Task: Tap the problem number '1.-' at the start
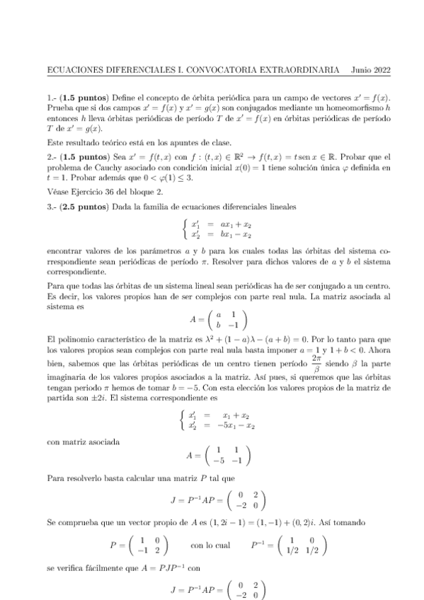tap(51, 96)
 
